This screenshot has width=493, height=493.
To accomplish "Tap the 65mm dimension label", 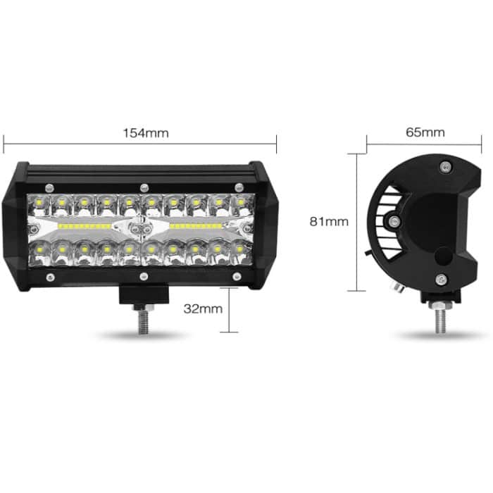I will [x=425, y=132].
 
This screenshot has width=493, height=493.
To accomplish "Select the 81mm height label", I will [x=329, y=221].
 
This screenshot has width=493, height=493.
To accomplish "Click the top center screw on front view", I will [x=144, y=187].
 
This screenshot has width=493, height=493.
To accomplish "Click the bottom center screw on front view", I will [x=144, y=277].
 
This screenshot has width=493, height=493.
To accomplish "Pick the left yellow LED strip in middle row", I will [x=85, y=227].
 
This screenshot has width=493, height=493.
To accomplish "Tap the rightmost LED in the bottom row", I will [x=242, y=249].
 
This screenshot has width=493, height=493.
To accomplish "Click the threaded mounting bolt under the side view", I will [x=441, y=318].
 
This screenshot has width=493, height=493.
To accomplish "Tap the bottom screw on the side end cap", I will [x=441, y=277].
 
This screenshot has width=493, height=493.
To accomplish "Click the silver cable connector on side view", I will [x=397, y=286].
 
